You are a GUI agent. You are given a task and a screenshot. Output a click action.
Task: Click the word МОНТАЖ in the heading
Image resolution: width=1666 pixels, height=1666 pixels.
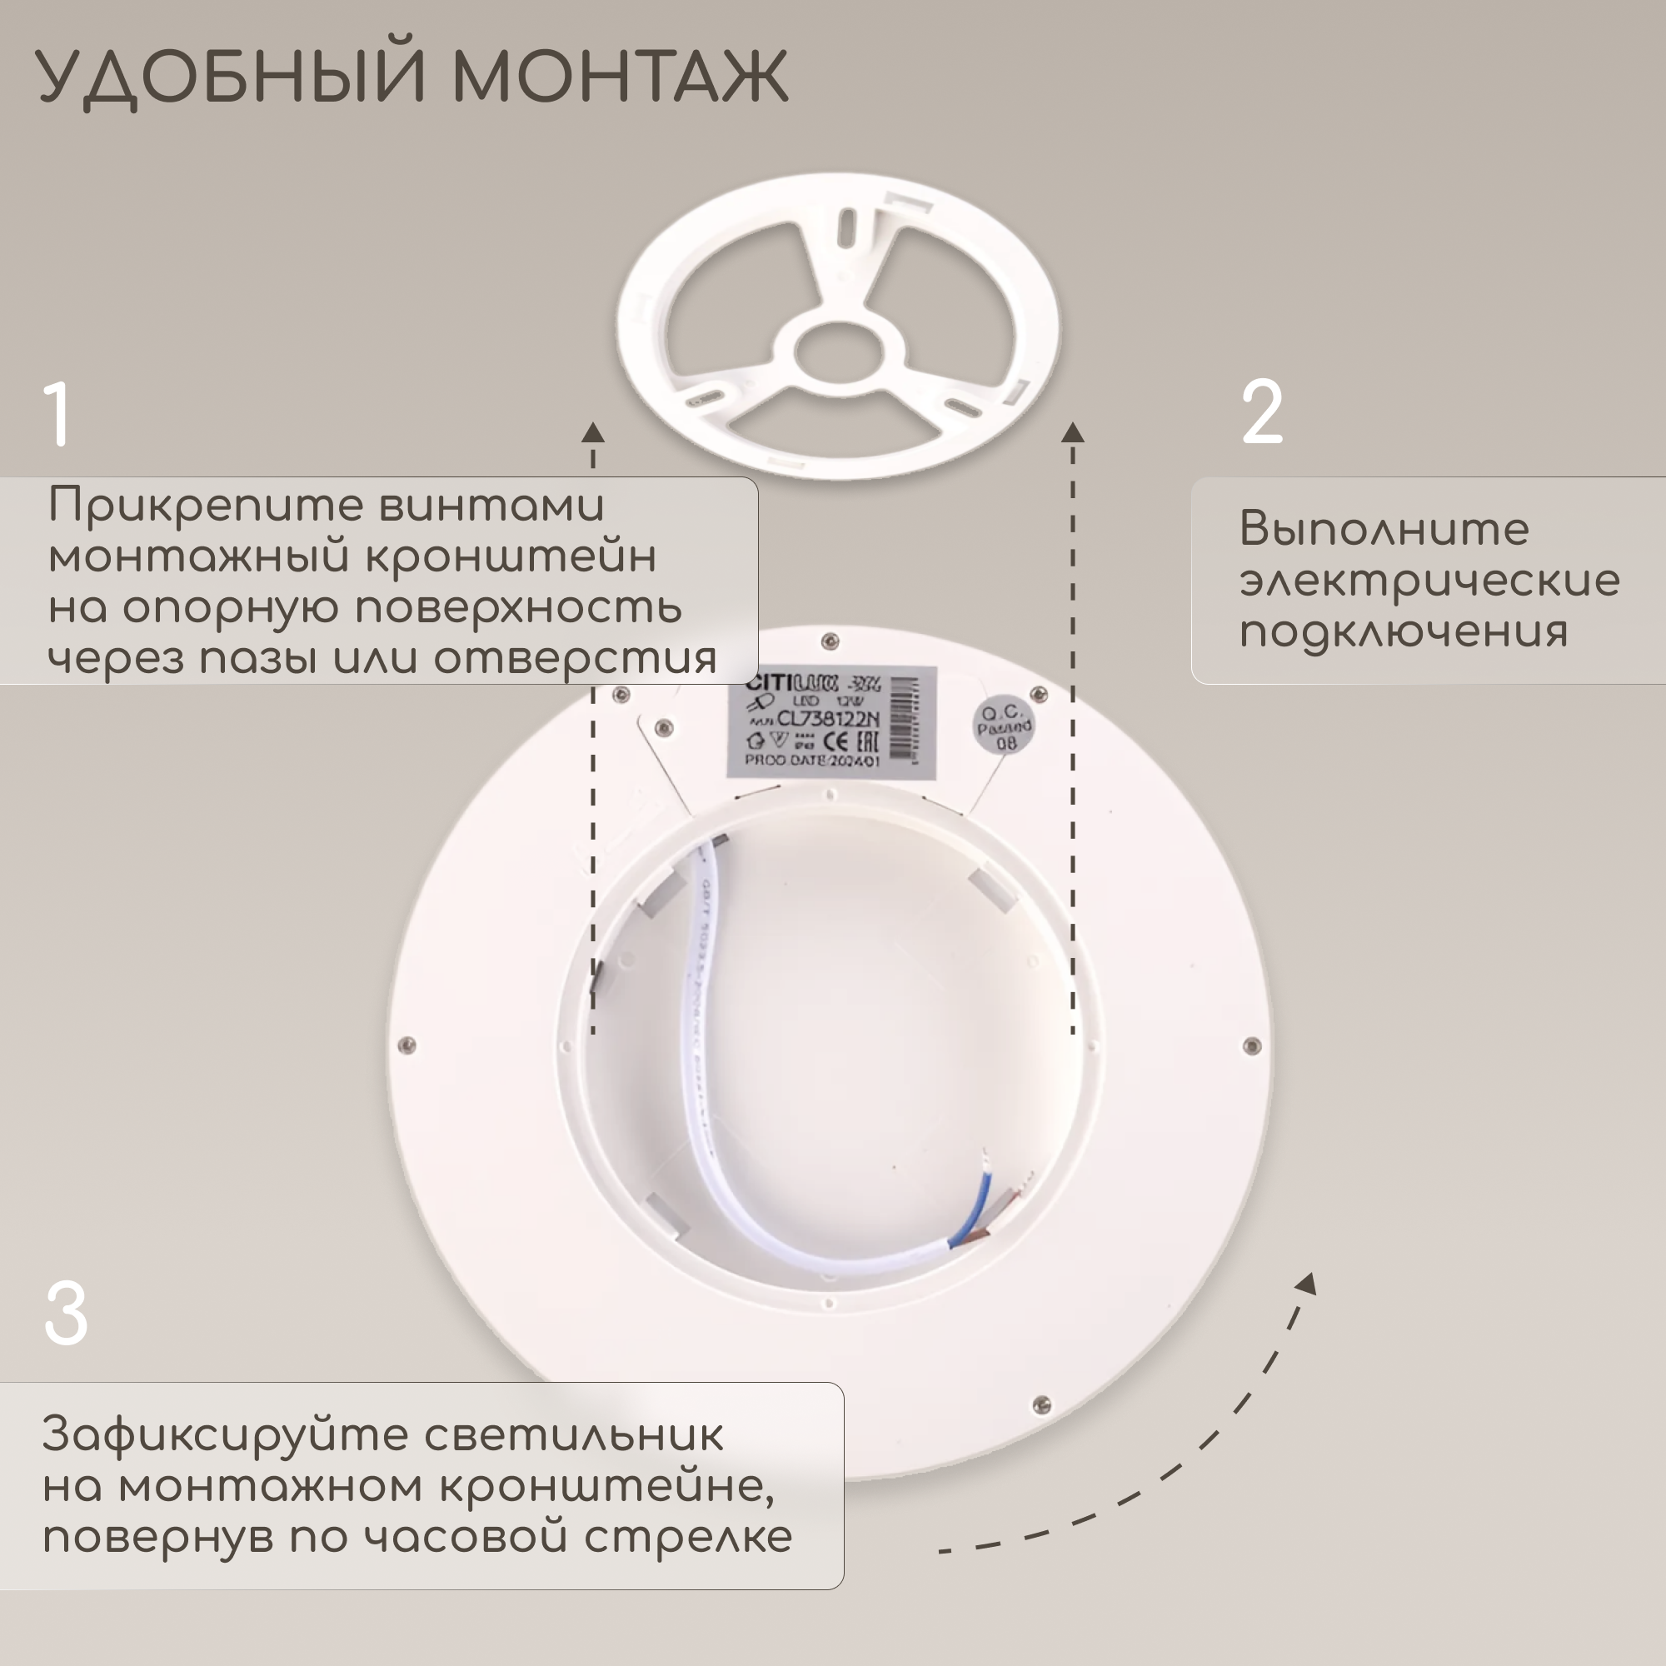[x=619, y=76]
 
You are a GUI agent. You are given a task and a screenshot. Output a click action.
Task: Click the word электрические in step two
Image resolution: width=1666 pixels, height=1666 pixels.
[x=1429, y=581]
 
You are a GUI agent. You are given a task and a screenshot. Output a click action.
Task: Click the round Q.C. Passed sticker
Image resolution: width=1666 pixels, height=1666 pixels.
[x=1004, y=726]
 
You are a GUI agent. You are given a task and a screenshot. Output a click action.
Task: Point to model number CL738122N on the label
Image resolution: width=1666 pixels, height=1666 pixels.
[x=828, y=718]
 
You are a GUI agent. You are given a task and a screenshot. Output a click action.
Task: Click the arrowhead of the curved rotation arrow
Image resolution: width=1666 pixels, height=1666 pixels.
[x=1306, y=1284]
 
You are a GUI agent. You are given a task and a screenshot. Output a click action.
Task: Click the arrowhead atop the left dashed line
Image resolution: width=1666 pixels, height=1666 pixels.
[x=592, y=433]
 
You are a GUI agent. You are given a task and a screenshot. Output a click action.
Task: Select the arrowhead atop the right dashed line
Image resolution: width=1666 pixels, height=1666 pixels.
[x=1073, y=433]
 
